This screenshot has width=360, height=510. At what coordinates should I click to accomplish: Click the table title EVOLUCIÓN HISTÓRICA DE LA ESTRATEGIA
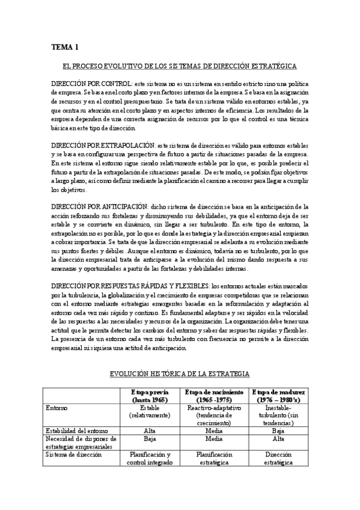pos(180,374)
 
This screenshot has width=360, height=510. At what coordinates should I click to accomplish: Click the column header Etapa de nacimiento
pos(215,395)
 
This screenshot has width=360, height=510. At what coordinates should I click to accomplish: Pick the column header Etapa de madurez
pos(278,395)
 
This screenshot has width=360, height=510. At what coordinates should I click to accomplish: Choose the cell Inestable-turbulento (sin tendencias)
pos(278,415)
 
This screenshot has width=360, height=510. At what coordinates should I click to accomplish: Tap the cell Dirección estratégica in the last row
pos(278,459)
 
